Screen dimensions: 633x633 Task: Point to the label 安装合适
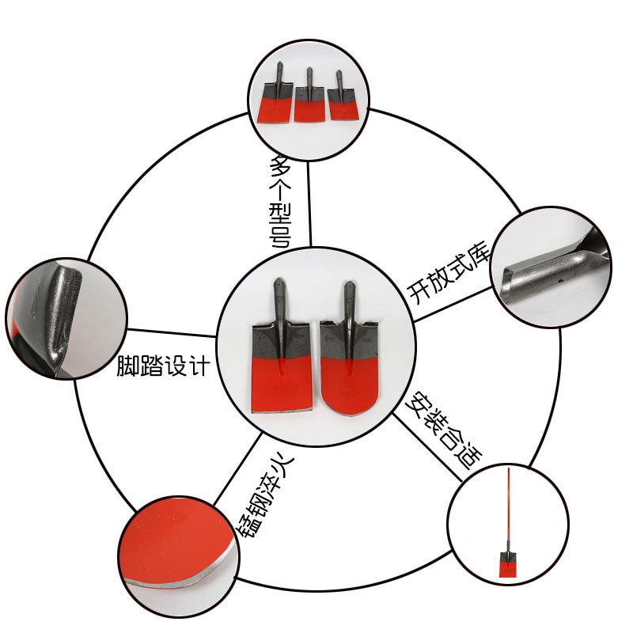pos(440,430)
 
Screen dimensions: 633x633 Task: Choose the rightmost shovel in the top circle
pos(343,100)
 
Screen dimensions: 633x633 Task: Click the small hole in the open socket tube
pos(559,279)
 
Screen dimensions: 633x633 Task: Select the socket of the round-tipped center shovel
pos(348,305)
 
